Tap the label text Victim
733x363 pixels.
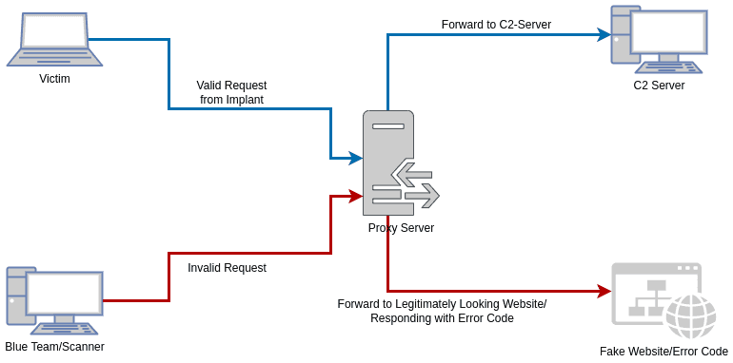click(54, 79)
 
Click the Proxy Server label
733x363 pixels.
click(401, 228)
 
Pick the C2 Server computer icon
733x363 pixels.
click(659, 40)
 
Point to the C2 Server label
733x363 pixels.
click(659, 86)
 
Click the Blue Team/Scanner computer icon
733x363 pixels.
click(54, 299)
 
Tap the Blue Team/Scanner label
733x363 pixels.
click(54, 347)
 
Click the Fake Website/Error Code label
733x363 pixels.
click(664, 352)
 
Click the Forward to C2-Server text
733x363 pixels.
click(496, 25)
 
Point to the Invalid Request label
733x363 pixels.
click(227, 268)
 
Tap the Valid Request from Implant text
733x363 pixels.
click(231, 92)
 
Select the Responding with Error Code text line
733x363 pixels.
click(442, 318)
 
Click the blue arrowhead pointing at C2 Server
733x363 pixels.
click(604, 34)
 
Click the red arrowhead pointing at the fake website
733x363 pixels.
click(604, 291)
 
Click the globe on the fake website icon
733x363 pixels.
click(689, 315)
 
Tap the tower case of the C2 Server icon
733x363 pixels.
click(624, 35)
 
